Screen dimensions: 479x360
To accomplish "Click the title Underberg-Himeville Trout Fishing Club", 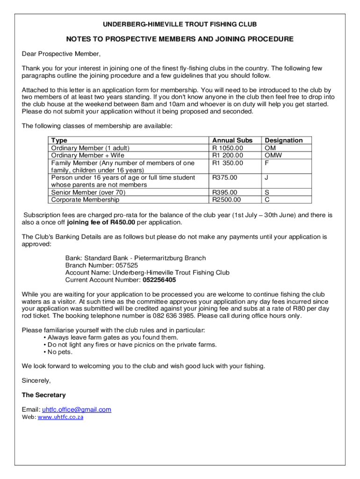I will (180, 24).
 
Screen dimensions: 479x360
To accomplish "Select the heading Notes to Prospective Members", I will (180, 39).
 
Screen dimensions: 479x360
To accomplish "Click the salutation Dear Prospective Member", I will (61, 53).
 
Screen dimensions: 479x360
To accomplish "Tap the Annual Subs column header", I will (232, 140).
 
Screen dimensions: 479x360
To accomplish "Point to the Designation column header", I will (284, 140).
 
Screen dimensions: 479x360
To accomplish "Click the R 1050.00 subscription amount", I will (228, 148).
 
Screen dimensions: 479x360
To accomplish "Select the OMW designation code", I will (273, 155).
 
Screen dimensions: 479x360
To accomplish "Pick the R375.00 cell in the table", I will (225, 178).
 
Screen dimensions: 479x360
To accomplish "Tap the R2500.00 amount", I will (227, 200).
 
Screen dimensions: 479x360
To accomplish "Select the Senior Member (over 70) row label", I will (88, 192).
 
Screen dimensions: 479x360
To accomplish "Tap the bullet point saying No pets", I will (59, 352).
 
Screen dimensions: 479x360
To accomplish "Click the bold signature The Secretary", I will (44, 395).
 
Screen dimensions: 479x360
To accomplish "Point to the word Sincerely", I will (36, 380).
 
